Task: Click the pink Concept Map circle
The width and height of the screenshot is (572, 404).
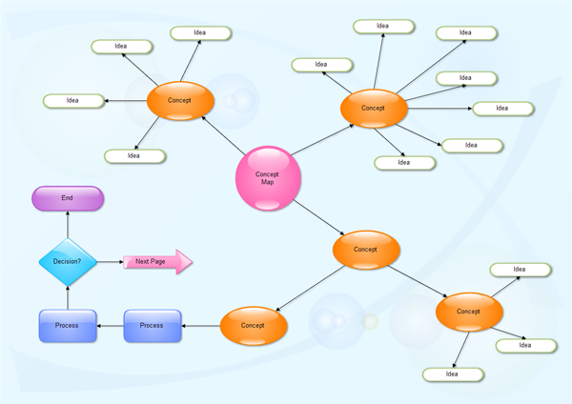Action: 268,178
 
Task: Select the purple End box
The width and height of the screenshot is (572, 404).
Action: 68,198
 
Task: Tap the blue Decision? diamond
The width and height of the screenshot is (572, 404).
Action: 67,260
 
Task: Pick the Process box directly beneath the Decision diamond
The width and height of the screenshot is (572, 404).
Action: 67,325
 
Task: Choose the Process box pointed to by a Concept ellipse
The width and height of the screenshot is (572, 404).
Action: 152,325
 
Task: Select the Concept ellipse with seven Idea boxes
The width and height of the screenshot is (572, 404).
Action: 373,108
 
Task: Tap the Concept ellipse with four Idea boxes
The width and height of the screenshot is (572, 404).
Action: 179,100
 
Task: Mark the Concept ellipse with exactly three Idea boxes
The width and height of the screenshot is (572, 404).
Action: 468,312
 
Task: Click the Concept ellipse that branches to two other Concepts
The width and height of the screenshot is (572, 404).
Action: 366,250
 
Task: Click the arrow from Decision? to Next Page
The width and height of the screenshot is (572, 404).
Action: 110,260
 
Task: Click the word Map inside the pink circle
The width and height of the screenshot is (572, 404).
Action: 268,182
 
